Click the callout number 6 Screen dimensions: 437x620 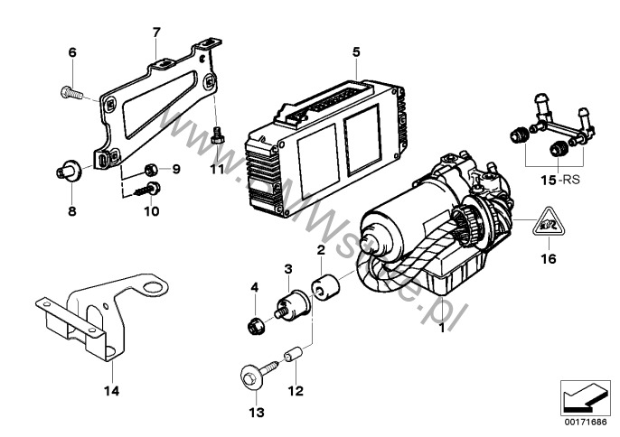tap(71, 52)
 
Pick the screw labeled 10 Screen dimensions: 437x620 tap(147, 189)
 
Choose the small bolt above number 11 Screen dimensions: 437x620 tap(217, 137)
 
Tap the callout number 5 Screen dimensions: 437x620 tap(357, 51)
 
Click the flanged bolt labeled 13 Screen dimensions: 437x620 tap(253, 378)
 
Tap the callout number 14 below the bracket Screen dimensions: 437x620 tap(112, 391)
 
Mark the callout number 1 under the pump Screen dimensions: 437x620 tap(442, 330)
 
